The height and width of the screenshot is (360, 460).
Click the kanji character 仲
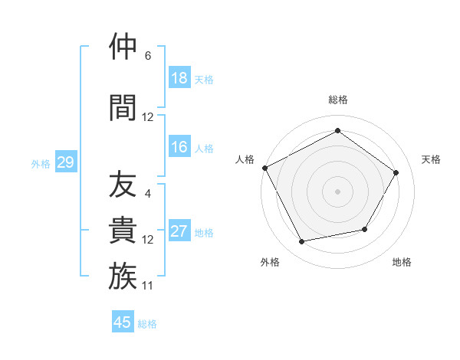[123, 47]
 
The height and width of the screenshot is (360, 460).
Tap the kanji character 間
[123, 106]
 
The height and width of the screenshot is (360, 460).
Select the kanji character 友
[123, 185]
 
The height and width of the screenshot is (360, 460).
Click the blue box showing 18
[179, 78]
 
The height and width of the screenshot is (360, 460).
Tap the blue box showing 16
[179, 147]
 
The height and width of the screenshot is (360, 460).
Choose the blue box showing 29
[64, 162]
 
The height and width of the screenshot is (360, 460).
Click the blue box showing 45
[123, 322]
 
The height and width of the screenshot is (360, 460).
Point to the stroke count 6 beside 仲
[148, 56]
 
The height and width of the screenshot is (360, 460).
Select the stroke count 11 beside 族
[148, 286]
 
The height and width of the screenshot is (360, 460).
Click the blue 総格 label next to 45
[147, 324]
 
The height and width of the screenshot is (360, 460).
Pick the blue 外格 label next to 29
[41, 163]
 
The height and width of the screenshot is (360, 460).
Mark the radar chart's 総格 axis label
[337, 100]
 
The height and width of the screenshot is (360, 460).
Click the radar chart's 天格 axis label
[432, 159]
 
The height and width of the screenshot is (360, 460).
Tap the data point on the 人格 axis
[264, 168]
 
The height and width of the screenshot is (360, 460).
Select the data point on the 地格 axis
[365, 229]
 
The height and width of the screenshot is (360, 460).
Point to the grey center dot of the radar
[337, 191]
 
